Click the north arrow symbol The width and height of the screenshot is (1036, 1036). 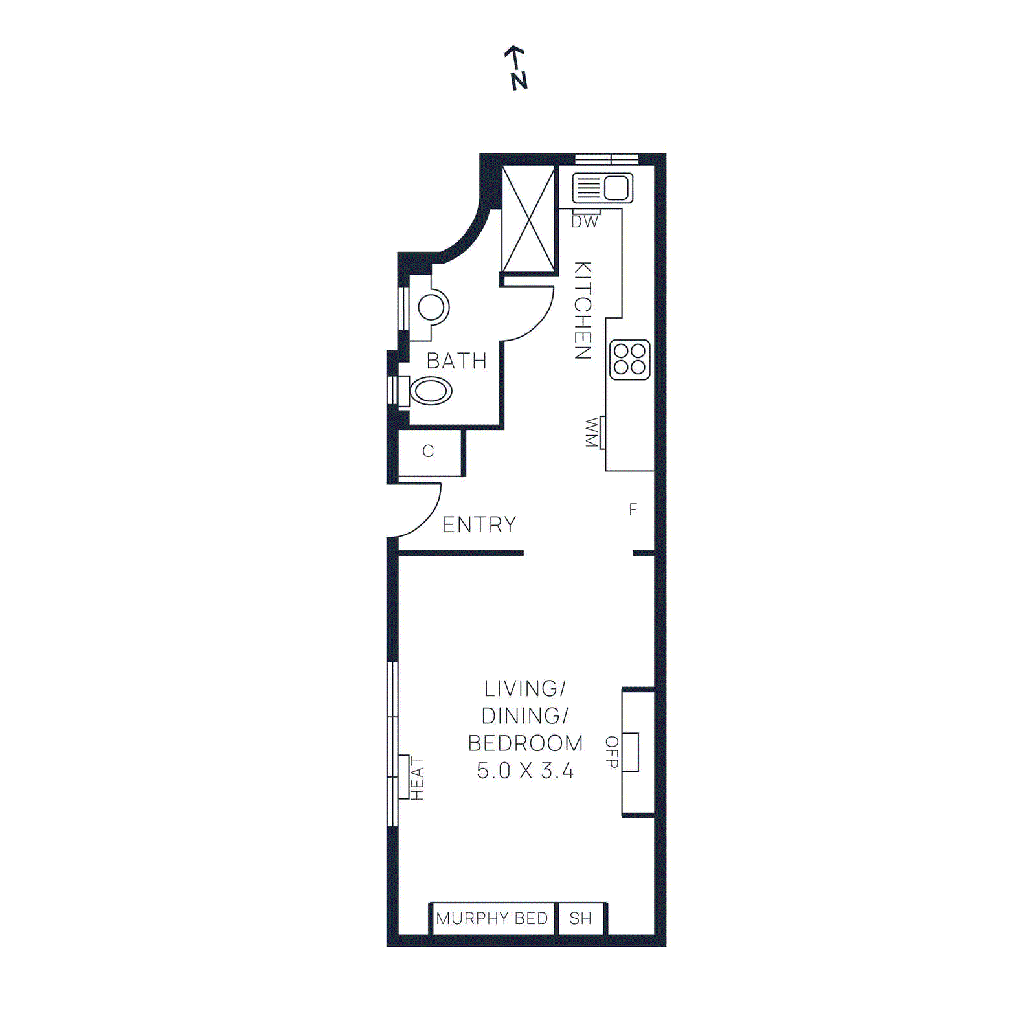(x=517, y=67)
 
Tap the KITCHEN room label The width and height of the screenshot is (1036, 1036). (x=583, y=310)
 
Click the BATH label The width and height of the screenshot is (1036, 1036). (x=456, y=361)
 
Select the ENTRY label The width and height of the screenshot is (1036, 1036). (x=479, y=524)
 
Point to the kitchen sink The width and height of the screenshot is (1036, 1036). (x=602, y=188)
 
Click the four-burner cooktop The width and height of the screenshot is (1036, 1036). (x=629, y=359)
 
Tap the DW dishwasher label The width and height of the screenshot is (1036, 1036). (x=585, y=221)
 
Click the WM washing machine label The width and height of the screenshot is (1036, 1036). (x=591, y=433)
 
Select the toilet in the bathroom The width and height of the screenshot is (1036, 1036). (x=430, y=391)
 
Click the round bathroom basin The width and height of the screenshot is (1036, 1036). (x=431, y=308)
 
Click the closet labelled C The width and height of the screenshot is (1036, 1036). (x=428, y=451)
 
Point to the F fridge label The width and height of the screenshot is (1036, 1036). (x=633, y=510)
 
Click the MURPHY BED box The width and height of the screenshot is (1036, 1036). (x=492, y=918)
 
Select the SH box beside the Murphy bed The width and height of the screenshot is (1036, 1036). (x=581, y=918)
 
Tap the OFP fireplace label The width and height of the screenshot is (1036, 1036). (x=612, y=752)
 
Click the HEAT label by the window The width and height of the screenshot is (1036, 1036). (x=416, y=779)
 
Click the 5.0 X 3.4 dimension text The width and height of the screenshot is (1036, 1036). (x=525, y=771)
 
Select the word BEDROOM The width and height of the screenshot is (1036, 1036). (x=525, y=743)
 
